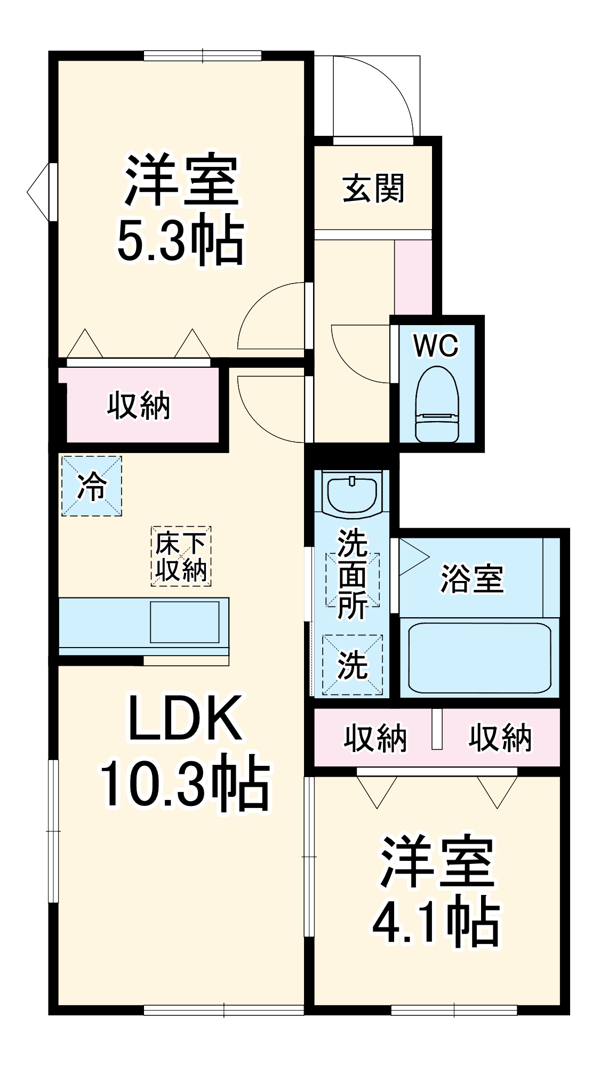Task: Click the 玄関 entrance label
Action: [373, 188]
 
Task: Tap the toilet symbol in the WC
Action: [437, 405]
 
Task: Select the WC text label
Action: [436, 346]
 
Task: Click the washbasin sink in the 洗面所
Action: [352, 494]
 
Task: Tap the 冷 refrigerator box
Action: [92, 486]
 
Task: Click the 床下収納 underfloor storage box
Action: [181, 556]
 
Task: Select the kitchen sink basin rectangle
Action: [185, 622]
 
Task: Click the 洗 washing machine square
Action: [353, 665]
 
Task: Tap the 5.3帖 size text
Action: [180, 241]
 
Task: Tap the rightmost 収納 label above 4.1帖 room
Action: [500, 738]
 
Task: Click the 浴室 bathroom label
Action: [471, 579]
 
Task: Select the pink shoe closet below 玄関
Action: [412, 276]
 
